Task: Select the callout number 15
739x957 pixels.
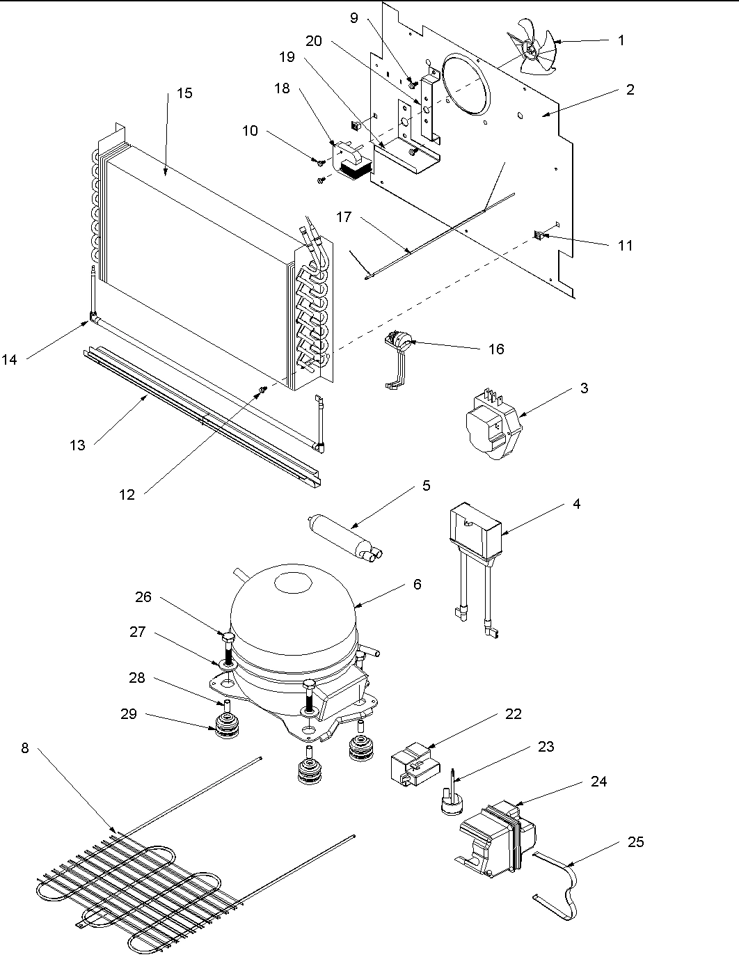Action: click(x=184, y=93)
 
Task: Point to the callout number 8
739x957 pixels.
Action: click(x=25, y=749)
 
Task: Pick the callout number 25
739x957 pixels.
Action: click(x=635, y=842)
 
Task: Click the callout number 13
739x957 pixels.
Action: click(x=77, y=445)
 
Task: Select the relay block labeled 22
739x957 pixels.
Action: click(x=412, y=764)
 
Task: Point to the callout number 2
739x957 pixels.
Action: click(x=630, y=89)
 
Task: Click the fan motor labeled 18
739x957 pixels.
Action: click(x=355, y=162)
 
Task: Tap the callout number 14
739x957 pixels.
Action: click(x=9, y=359)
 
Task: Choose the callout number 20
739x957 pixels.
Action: click(x=314, y=41)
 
